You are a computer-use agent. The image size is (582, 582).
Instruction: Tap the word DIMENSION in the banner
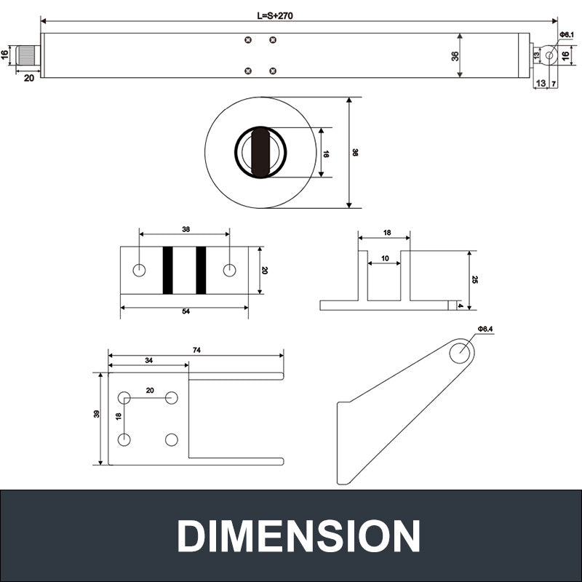click(x=298, y=537)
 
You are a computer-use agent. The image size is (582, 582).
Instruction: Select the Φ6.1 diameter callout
click(x=567, y=35)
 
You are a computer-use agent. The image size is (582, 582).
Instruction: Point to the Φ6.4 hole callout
click(x=485, y=330)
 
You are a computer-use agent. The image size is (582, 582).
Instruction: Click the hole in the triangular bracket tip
click(x=459, y=353)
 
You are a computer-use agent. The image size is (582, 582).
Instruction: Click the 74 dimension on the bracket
click(x=196, y=350)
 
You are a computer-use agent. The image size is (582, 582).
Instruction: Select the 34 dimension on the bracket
click(x=148, y=360)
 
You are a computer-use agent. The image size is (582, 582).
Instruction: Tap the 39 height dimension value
click(x=97, y=414)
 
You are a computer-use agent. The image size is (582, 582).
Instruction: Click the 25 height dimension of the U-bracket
click(x=474, y=280)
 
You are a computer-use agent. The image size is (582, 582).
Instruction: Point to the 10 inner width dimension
click(x=385, y=258)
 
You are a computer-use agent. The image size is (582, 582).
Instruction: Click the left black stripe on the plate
click(x=167, y=271)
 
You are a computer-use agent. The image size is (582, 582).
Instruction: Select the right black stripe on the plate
click(x=201, y=271)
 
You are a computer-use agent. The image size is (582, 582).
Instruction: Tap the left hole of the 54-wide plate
click(x=139, y=270)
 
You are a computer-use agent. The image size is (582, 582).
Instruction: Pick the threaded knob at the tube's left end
click(x=28, y=55)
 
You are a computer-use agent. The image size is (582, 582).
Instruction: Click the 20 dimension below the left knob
click(x=29, y=78)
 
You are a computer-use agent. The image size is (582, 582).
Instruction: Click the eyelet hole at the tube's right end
click(x=549, y=55)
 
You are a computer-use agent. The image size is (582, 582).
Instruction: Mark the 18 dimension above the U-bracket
click(x=386, y=233)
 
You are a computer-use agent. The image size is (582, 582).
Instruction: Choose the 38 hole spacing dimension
click(x=186, y=229)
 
